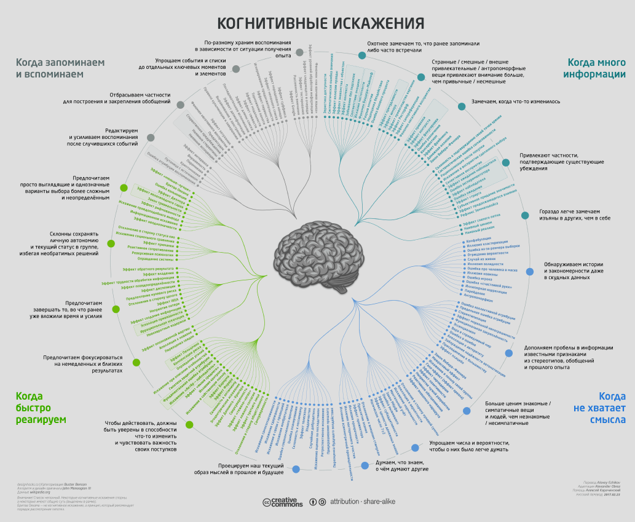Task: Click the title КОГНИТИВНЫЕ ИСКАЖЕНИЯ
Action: click(x=320, y=23)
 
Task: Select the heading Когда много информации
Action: click(x=596, y=68)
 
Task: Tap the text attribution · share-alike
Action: click(x=362, y=502)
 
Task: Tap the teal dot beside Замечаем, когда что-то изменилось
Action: click(x=462, y=106)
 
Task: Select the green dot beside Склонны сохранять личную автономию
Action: click(x=111, y=243)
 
